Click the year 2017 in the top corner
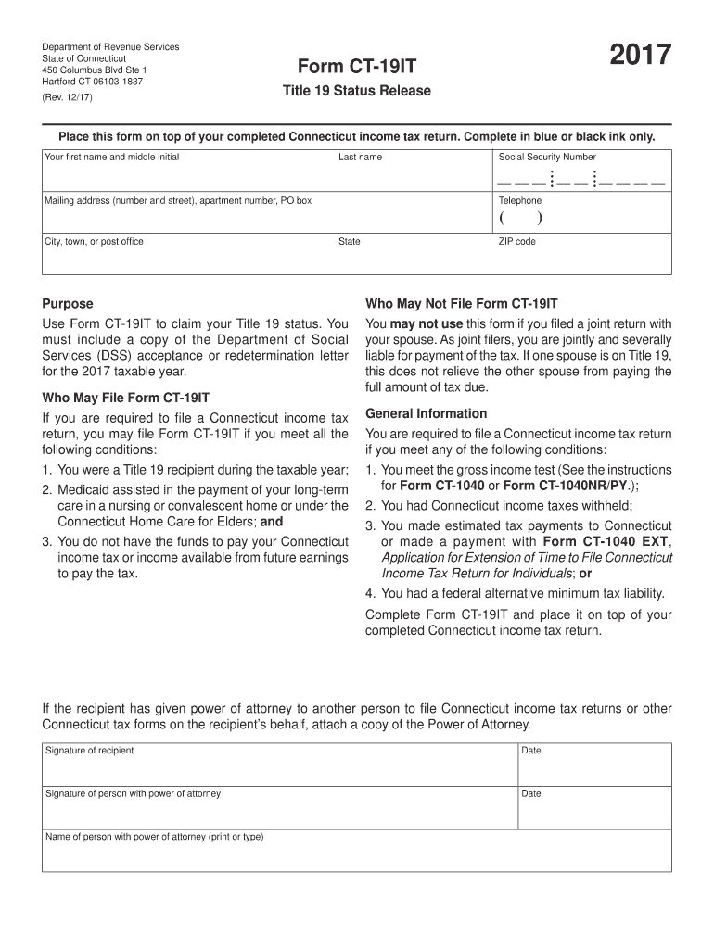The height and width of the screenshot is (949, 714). click(640, 57)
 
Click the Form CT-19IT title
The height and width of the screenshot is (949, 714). click(357, 67)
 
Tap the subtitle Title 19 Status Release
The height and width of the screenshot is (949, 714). click(357, 91)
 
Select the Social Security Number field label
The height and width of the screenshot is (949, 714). click(547, 158)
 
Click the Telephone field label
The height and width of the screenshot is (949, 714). click(520, 200)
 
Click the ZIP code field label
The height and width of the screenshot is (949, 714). click(517, 242)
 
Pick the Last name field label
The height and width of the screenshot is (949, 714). click(360, 158)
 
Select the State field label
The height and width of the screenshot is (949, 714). click(350, 242)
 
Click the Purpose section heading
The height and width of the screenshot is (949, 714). click(68, 303)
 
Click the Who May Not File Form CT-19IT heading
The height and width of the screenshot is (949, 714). click(462, 303)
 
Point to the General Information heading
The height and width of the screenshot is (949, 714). click(427, 413)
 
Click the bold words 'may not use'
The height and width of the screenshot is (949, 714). click(427, 323)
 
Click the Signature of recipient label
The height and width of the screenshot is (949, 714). click(89, 751)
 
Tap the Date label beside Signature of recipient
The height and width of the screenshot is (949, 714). click(531, 751)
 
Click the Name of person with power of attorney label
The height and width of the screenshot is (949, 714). click(154, 837)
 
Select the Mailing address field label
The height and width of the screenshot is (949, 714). click(178, 200)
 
